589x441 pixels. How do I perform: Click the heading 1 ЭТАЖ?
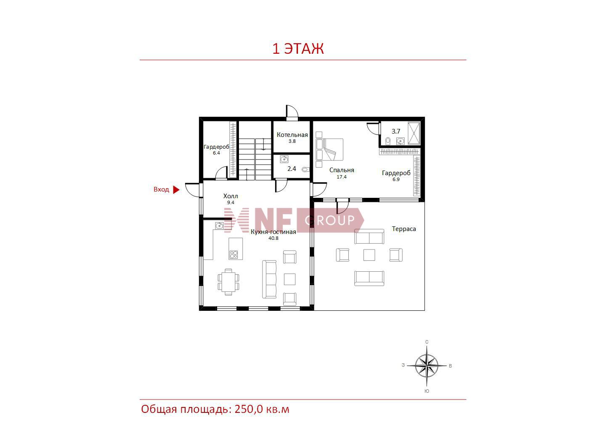pos(298,49)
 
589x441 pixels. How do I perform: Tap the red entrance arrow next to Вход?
pos(176,189)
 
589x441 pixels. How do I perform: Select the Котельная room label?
pos(292,135)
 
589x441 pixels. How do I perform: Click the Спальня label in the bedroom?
pos(342,170)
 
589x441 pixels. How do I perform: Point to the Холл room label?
pos(231,196)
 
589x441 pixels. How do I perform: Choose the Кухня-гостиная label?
pos(273,232)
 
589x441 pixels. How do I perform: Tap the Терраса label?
pos(404,229)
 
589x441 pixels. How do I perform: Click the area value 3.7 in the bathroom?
pos(396,131)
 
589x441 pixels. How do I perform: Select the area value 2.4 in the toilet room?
pos(292,169)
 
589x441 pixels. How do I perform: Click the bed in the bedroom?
pos(330,150)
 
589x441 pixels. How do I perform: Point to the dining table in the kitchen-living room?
pos(228,282)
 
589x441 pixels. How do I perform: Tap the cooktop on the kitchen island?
pos(233,255)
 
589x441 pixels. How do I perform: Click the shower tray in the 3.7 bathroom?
pos(414,133)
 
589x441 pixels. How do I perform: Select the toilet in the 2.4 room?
pos(305,170)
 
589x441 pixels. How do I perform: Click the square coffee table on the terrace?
pos(369,255)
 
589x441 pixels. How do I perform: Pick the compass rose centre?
pos(427,365)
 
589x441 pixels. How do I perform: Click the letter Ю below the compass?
pos(427,391)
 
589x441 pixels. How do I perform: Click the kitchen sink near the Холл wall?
pos(219,226)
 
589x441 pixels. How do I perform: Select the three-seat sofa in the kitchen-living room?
pos(269,279)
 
